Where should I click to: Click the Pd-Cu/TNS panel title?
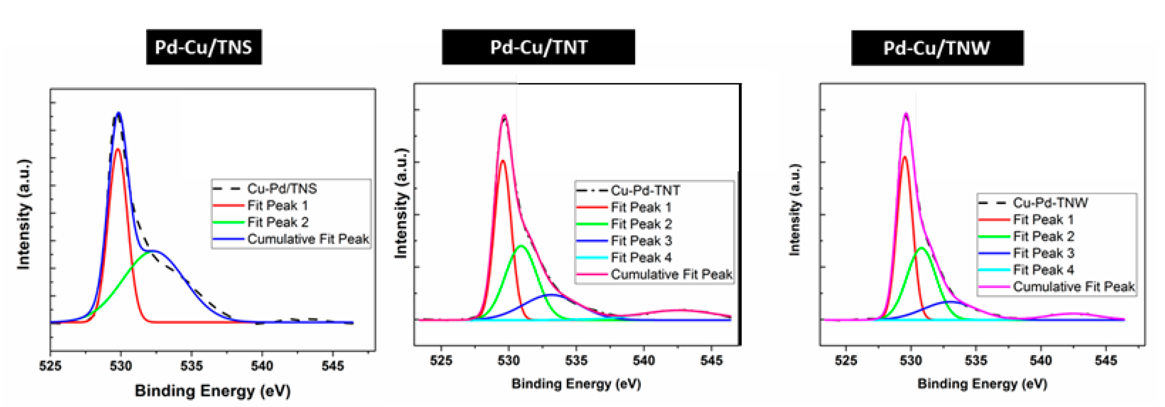203,47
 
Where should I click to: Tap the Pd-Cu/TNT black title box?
538,47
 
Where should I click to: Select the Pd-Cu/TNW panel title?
937,48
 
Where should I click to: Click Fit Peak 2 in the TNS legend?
278,222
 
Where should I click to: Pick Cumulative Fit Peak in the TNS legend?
307,239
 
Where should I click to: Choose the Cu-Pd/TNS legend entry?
281,189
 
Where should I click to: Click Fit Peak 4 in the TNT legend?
641,257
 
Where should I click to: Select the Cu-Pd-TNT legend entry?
645,190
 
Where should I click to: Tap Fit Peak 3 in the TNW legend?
1043,253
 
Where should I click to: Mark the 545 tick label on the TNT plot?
711,360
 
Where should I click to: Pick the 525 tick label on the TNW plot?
846,360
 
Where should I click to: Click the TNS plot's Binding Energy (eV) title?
213,391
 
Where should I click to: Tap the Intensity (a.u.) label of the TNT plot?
401,203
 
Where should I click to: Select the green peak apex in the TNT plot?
521,246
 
